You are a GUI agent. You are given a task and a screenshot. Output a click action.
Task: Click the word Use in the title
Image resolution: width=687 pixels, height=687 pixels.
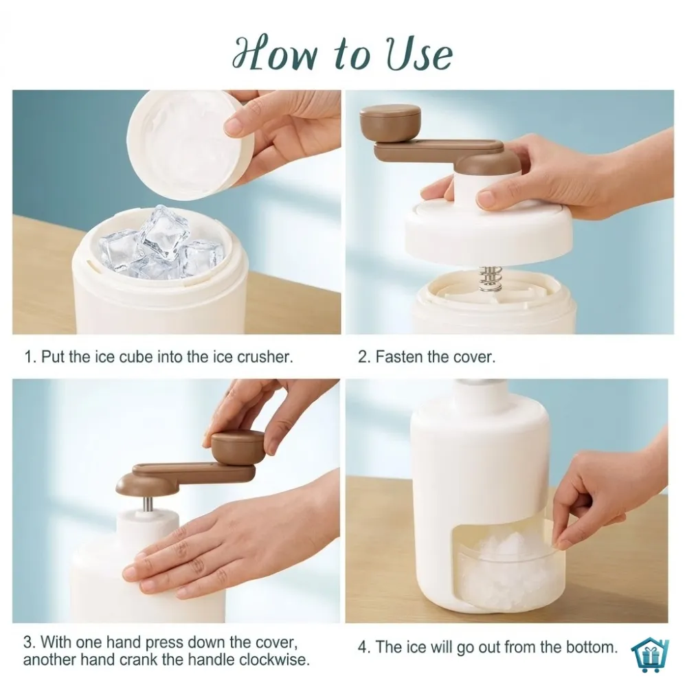(x=419, y=54)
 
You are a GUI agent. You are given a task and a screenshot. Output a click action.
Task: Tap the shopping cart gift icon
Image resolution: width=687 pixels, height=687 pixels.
(x=650, y=655)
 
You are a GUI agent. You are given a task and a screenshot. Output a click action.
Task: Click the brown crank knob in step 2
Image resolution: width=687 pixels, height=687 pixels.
(x=390, y=123)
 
